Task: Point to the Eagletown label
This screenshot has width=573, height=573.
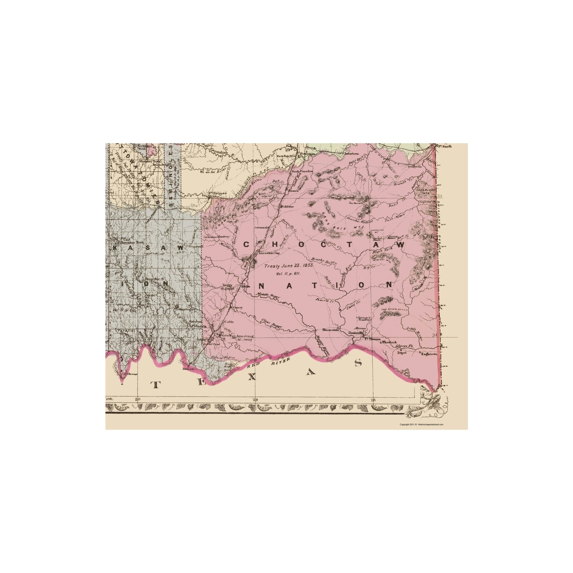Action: (x=429, y=354)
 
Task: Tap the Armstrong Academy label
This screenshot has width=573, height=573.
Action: (x=245, y=338)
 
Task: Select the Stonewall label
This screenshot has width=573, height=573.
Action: (x=194, y=246)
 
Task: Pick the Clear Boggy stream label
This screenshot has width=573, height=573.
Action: (x=271, y=324)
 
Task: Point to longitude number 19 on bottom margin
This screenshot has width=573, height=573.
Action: (x=254, y=399)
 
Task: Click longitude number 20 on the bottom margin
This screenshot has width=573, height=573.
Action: (x=137, y=399)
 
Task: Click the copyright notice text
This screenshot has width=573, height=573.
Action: (x=421, y=424)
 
